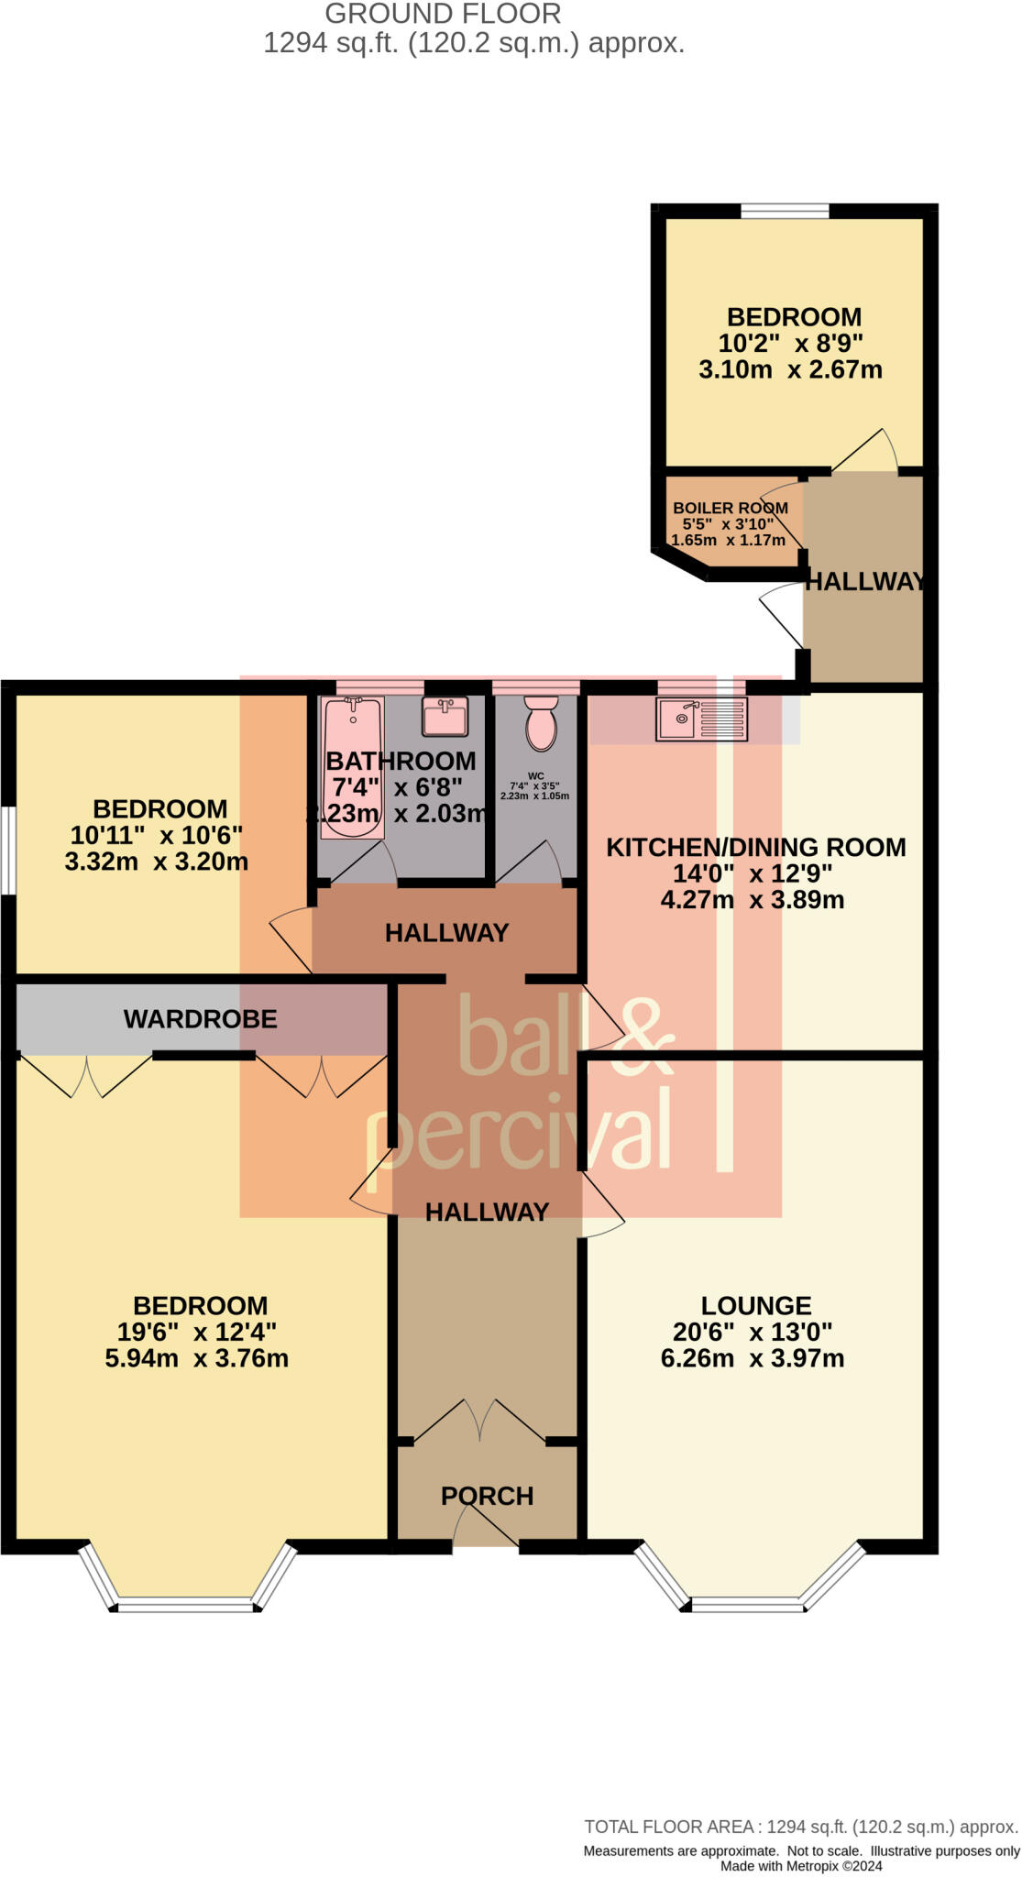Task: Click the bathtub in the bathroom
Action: pyautogui.click(x=352, y=768)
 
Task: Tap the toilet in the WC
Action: pyautogui.click(x=542, y=722)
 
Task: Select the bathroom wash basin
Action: pyautogui.click(x=445, y=716)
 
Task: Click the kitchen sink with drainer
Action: pyautogui.click(x=701, y=719)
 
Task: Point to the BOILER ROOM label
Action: pyautogui.click(x=730, y=508)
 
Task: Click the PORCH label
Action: pyautogui.click(x=487, y=1496)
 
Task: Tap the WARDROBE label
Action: pyautogui.click(x=200, y=1019)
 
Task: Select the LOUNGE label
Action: pyautogui.click(x=756, y=1305)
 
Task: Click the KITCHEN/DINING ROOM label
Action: pyautogui.click(x=756, y=847)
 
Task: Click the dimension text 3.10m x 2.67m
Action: pyautogui.click(x=790, y=370)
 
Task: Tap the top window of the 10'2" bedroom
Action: pyautogui.click(x=785, y=212)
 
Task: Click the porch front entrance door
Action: pyautogui.click(x=486, y=1546)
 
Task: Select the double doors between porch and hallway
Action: pyautogui.click(x=479, y=1423)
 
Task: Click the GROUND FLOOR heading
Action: pyautogui.click(x=443, y=14)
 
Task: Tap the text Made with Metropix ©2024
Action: pyautogui.click(x=801, y=1866)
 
